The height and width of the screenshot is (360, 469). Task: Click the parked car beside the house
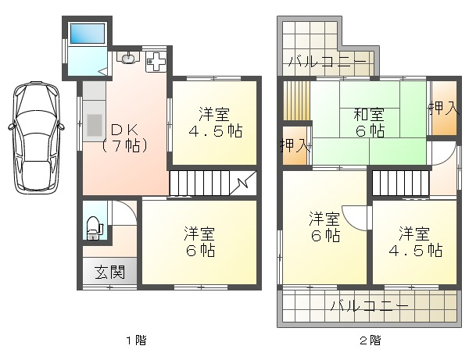36,137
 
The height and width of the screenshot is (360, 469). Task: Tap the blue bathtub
88,34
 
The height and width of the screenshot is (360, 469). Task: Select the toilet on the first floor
94,228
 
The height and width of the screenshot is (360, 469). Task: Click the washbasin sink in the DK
128,58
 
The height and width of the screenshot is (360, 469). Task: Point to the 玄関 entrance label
109,272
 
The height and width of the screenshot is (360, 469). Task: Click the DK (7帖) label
125,138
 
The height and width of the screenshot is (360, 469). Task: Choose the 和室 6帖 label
369,123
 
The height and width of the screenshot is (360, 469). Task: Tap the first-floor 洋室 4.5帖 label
215,123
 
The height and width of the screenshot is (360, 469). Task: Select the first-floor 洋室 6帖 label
199,242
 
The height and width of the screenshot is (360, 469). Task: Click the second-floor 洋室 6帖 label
325,227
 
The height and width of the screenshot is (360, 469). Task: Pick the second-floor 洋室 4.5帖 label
416,242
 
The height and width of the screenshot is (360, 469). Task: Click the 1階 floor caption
136,340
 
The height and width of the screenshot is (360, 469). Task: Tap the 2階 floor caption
370,340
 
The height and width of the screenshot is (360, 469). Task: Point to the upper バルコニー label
328,61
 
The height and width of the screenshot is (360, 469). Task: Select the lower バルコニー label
370,305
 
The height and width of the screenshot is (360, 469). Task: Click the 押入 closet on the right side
445,108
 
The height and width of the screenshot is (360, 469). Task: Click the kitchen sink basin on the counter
95,125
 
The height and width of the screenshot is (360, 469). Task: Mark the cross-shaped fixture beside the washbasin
156,62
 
